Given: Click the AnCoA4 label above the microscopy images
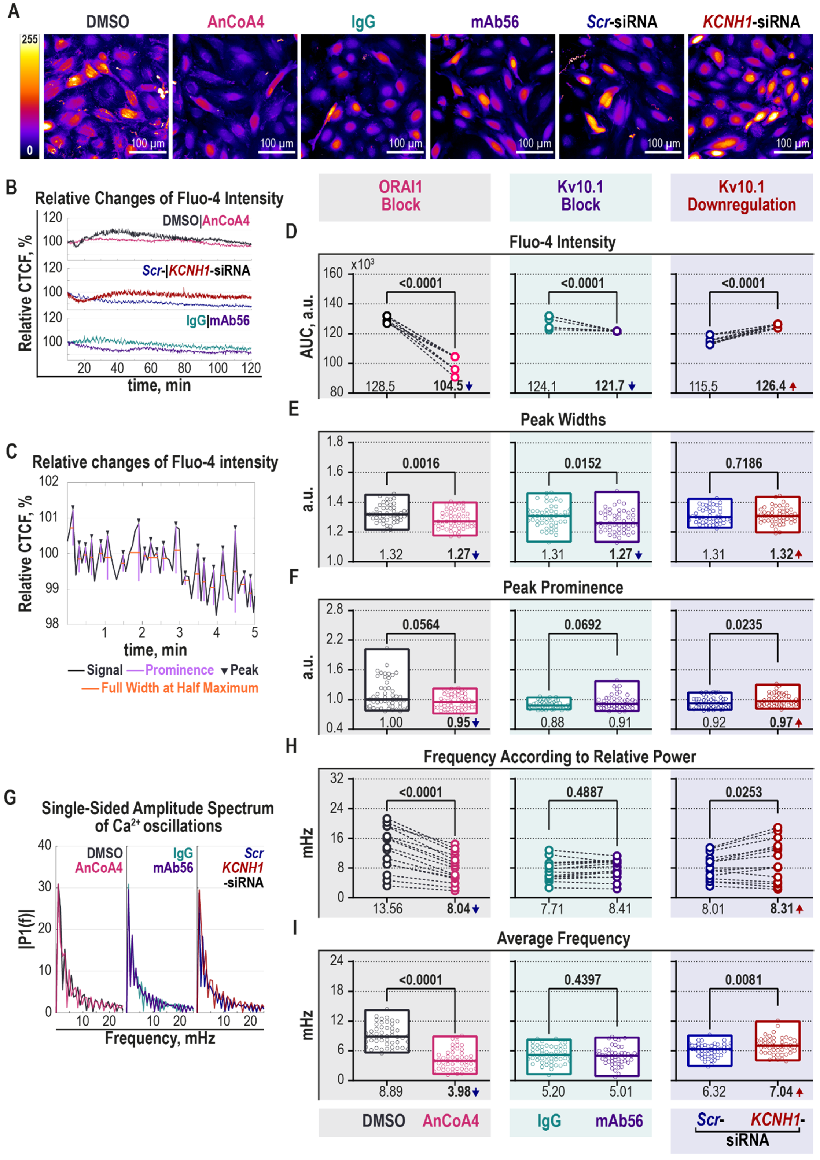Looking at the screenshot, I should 236,22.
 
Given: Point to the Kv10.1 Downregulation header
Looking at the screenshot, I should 741,196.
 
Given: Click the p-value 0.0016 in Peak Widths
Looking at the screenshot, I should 420,463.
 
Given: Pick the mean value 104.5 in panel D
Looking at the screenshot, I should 448,386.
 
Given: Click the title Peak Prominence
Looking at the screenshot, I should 563,588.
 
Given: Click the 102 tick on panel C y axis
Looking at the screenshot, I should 49,481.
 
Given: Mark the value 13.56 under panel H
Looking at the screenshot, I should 388,909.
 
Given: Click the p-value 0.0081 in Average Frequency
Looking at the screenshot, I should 743,980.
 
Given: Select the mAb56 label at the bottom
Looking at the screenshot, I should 619,1121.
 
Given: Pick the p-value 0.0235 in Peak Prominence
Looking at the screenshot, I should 743,625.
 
